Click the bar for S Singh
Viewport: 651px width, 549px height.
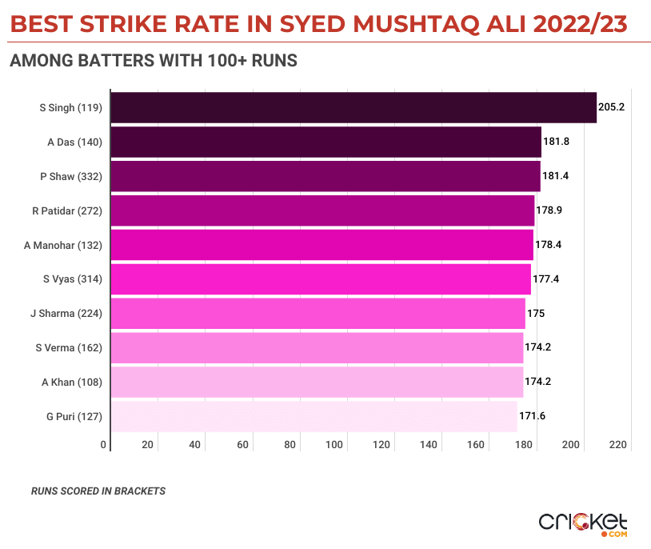click(353, 107)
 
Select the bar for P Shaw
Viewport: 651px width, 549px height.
click(325, 176)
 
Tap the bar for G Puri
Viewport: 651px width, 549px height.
click(314, 416)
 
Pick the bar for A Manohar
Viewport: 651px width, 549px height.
click(322, 245)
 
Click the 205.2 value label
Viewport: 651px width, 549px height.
click(611, 107)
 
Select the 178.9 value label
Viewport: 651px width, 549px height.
click(549, 210)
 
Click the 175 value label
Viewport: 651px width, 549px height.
click(536, 314)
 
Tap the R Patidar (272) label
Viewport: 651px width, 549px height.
click(67, 210)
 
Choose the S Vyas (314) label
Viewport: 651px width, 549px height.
click(74, 279)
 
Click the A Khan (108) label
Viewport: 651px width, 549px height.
click(72, 382)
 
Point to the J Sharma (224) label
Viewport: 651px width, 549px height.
click(66, 314)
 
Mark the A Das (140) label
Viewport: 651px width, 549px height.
click(74, 142)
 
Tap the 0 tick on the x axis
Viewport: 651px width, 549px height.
click(104, 445)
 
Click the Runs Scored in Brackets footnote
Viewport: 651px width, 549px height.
click(98, 491)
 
